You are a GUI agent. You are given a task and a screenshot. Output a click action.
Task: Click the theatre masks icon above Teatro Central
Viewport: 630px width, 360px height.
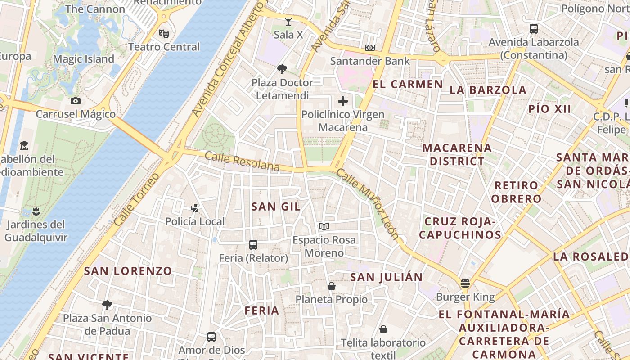pos(164,33)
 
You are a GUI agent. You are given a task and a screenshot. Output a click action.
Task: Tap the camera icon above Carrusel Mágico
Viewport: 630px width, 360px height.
pos(76,101)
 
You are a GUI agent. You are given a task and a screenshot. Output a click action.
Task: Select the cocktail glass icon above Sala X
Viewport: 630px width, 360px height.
pos(288,21)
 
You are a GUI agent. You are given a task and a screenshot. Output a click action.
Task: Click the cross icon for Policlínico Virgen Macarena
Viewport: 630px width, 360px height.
pos(343,101)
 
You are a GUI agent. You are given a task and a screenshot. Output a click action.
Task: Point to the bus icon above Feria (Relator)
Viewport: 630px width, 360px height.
pos(253,245)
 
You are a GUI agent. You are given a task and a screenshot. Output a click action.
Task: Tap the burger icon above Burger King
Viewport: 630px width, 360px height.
pos(465,283)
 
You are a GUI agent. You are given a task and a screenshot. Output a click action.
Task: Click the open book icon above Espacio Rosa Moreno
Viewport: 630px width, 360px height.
pos(324,226)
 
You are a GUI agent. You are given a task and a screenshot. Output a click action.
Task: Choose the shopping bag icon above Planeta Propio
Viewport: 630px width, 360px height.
pos(332,286)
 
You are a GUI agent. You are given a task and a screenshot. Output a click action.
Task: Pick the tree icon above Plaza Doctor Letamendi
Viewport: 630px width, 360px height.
pos(282,69)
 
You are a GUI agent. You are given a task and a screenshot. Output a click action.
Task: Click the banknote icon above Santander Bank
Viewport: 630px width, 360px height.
pos(370,48)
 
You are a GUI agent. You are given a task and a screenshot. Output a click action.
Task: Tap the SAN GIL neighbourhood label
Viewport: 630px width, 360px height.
pos(276,207)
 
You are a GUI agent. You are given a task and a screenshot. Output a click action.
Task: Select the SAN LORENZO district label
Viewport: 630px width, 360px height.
pos(128,271)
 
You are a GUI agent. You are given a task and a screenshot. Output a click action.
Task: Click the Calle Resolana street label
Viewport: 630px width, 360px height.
pos(242,161)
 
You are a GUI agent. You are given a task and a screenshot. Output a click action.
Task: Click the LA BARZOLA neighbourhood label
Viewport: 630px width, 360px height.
pos(488,90)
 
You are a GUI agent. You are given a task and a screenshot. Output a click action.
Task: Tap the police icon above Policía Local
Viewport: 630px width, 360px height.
pos(194,208)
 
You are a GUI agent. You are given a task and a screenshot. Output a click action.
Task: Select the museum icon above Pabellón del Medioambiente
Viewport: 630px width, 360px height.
pos(24,146)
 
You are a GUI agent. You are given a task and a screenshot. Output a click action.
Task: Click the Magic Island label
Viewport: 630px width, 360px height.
pos(84,59)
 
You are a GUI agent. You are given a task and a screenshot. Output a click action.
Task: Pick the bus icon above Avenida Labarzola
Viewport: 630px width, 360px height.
pos(534,29)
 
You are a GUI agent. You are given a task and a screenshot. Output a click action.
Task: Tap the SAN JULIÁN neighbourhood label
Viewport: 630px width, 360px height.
pos(387,277)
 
